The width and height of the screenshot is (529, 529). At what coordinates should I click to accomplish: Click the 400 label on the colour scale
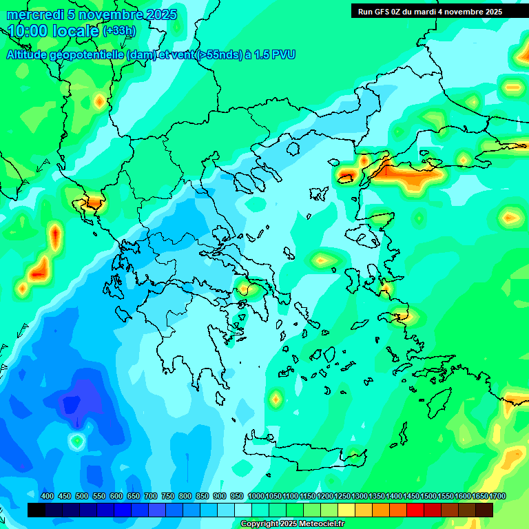point(48,496)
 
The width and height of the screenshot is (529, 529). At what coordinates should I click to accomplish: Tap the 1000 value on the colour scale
point(256,496)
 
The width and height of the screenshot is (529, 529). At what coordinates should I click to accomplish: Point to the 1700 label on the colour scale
point(497,496)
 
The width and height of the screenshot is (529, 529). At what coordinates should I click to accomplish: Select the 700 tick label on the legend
point(151,496)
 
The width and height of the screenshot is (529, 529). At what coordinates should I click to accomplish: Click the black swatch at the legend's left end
point(37,510)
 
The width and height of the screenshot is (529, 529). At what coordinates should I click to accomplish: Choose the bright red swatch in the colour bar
point(415,510)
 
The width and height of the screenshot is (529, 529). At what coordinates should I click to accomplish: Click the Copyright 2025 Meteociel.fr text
point(292,523)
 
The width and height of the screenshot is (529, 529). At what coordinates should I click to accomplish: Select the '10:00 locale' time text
point(53,31)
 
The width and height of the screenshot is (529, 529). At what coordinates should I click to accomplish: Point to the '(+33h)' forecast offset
point(119,31)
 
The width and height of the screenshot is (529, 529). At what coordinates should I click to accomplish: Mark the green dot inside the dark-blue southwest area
point(77,439)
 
